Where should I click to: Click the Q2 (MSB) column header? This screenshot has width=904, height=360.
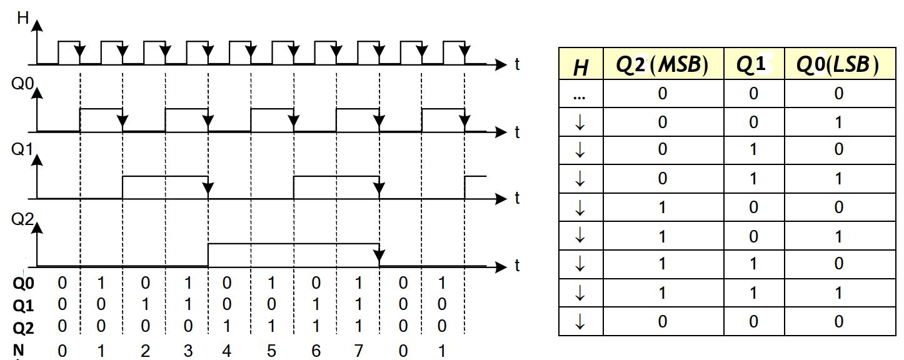click(x=662, y=66)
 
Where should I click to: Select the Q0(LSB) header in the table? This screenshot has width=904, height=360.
click(x=838, y=66)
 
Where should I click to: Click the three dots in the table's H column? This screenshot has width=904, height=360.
click(x=580, y=95)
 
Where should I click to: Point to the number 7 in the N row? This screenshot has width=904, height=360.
click(x=358, y=351)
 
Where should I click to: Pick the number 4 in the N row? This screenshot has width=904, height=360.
click(x=226, y=351)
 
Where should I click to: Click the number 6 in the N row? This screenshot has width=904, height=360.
click(x=316, y=351)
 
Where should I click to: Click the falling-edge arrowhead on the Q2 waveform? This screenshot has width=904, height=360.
click(x=379, y=256)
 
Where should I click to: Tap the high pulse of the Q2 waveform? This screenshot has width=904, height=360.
click(x=293, y=244)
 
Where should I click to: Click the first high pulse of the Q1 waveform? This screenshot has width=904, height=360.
click(x=165, y=177)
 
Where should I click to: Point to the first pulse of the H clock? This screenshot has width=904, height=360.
click(x=69, y=42)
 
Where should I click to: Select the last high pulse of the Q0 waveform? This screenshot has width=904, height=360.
click(x=443, y=110)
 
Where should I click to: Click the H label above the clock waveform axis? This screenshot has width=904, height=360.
click(x=23, y=17)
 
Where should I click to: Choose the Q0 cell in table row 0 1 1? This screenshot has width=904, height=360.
click(x=838, y=179)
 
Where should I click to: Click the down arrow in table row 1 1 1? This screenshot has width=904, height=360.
click(x=580, y=292)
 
